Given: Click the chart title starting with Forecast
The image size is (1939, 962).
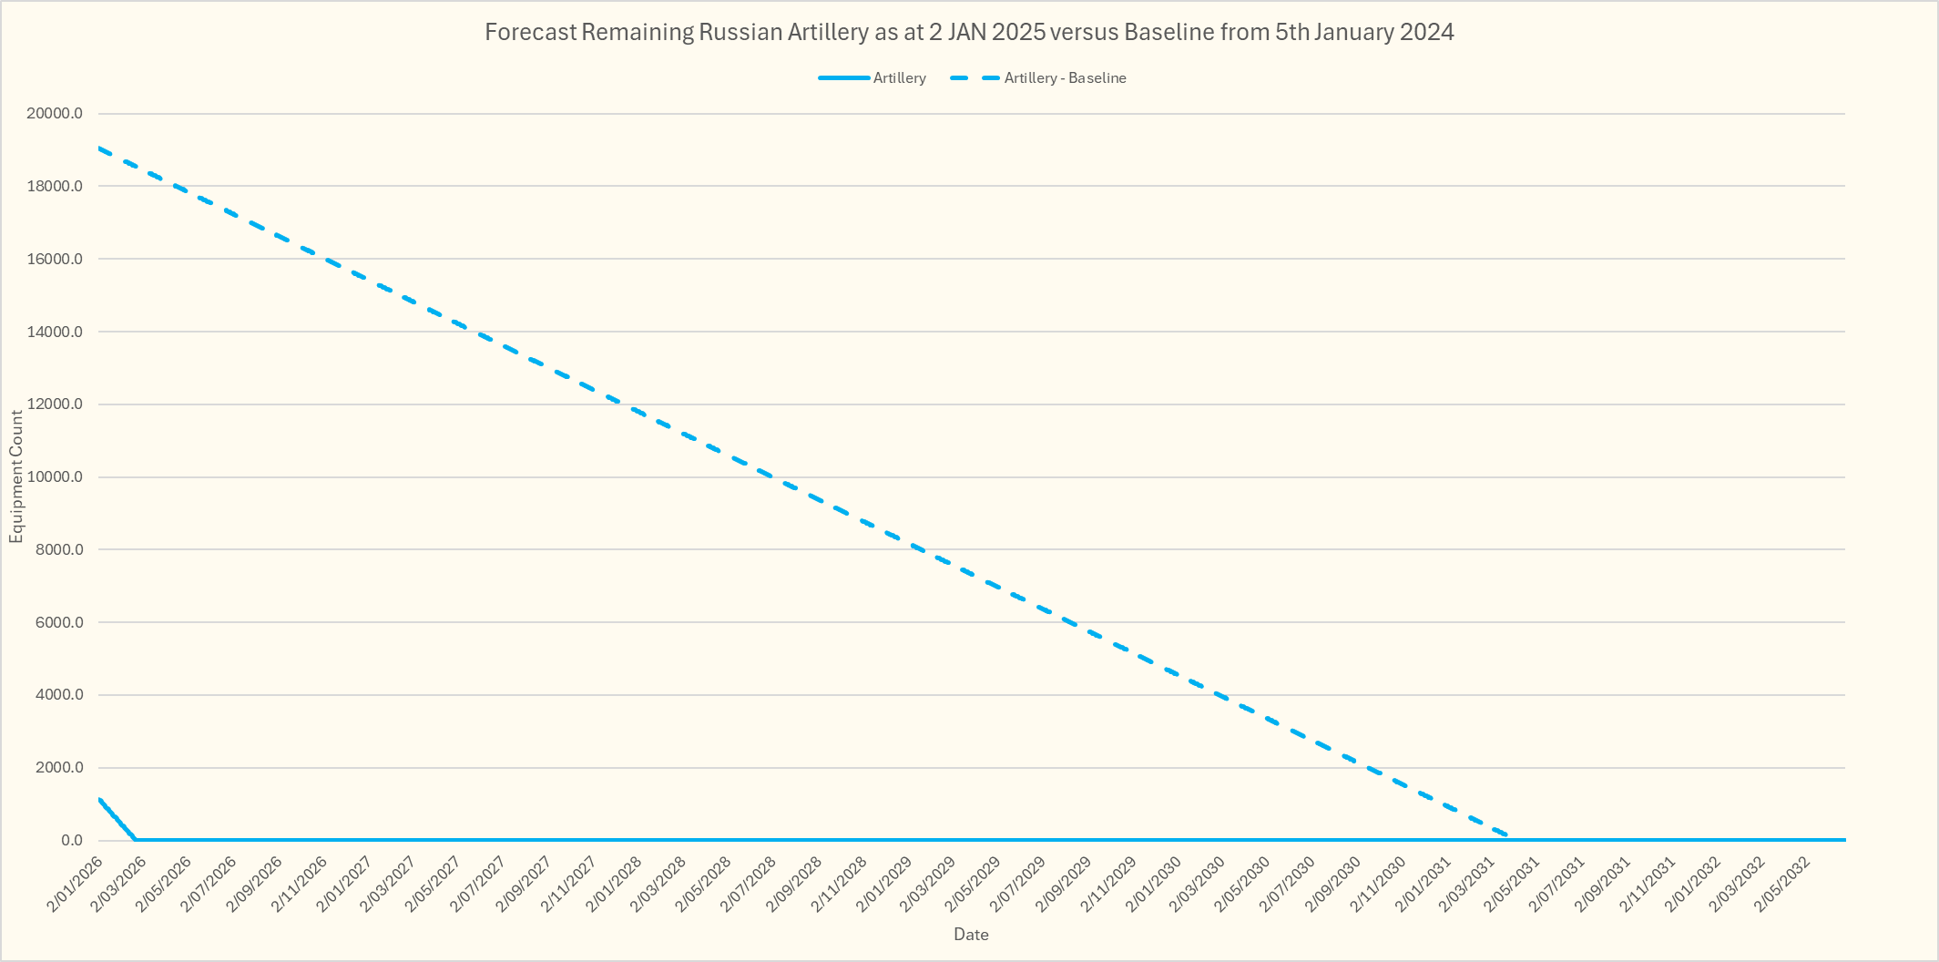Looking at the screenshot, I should (x=969, y=33).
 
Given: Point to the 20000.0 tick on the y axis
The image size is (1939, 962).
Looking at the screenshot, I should (x=55, y=114).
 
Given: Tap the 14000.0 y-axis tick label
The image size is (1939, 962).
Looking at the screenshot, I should (x=55, y=332).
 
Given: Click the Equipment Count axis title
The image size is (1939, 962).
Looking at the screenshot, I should (x=16, y=476).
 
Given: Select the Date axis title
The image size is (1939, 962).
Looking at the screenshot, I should (x=971, y=934).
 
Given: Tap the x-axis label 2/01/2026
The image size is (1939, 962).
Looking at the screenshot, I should (x=77, y=884).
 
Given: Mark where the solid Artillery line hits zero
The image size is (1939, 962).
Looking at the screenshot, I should (x=136, y=839).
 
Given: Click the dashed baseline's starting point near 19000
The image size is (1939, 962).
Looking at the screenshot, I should (x=99, y=148).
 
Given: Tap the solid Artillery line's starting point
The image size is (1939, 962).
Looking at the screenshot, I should (x=99, y=799).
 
